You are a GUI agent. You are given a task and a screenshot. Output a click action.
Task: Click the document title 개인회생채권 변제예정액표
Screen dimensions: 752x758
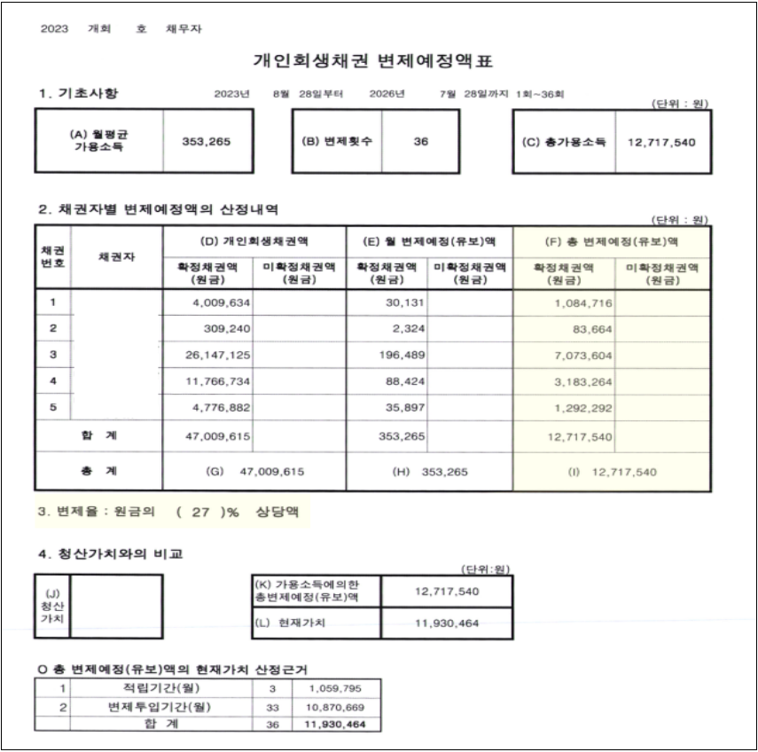tap(371, 61)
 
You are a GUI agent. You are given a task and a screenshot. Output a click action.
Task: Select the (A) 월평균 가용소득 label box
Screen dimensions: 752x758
tap(98, 140)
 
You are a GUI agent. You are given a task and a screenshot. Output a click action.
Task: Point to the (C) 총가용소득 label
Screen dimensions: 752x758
tap(562, 141)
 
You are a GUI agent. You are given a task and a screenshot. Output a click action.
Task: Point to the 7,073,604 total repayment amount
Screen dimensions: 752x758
tap(577, 354)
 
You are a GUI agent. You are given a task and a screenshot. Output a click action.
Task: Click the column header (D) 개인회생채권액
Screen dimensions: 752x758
tap(254, 240)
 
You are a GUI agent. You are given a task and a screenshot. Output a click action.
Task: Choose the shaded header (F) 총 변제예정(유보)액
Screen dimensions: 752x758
tap(612, 240)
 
